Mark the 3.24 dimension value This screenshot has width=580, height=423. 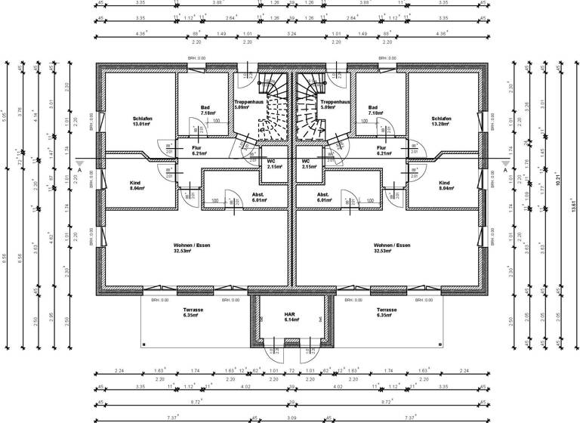tap(291, 33)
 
